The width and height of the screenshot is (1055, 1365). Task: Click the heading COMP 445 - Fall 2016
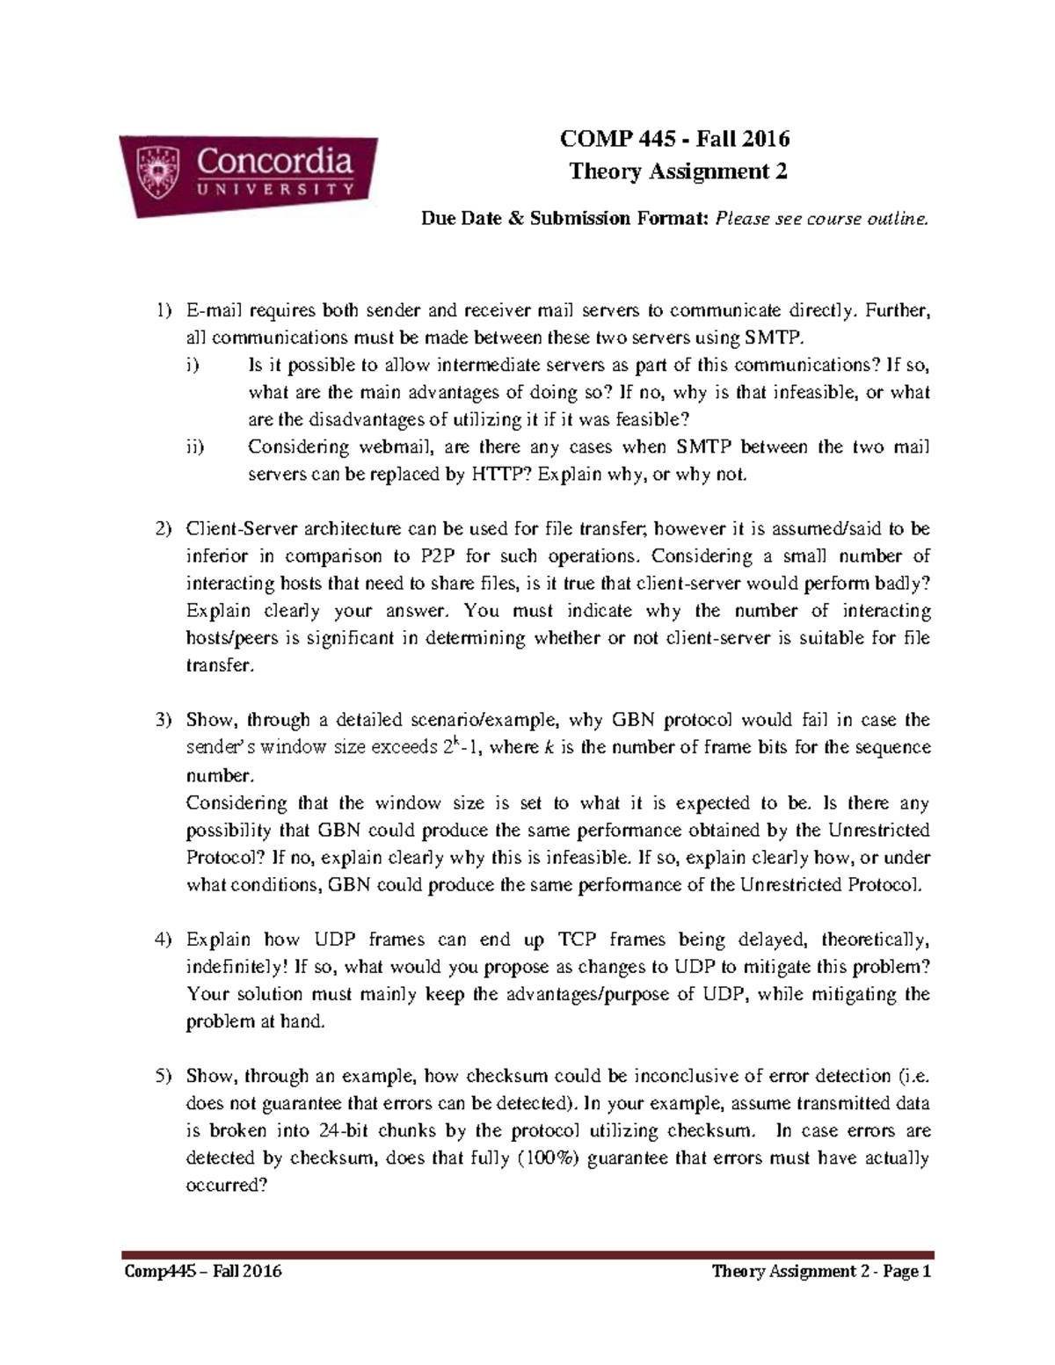point(676,138)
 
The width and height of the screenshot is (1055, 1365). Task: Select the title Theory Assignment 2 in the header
point(677,171)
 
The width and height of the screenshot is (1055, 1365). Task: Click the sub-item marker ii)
point(194,447)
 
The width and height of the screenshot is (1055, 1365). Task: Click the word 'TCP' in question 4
point(577,940)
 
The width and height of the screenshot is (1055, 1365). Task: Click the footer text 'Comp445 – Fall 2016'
point(201,1271)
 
